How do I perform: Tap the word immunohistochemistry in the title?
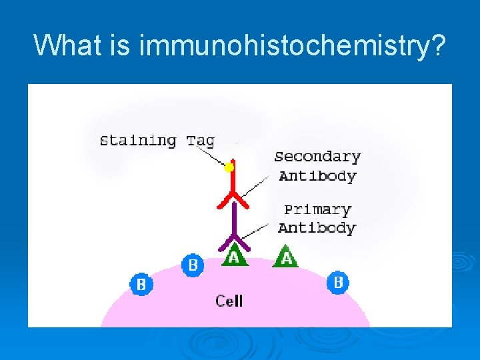(x=291, y=46)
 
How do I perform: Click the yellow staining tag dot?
(x=229, y=167)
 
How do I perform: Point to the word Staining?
(x=138, y=141)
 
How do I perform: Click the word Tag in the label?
(x=200, y=141)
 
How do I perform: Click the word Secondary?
(x=317, y=157)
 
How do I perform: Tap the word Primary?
(x=317, y=209)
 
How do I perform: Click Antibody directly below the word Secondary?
(x=317, y=176)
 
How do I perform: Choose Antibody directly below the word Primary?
(x=317, y=228)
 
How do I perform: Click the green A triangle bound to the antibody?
(x=233, y=257)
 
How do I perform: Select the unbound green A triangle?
(x=286, y=257)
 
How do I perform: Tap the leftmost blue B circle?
(x=141, y=285)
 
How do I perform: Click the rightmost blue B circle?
(x=338, y=283)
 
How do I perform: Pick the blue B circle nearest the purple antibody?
(x=193, y=265)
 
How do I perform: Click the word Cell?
(x=229, y=301)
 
